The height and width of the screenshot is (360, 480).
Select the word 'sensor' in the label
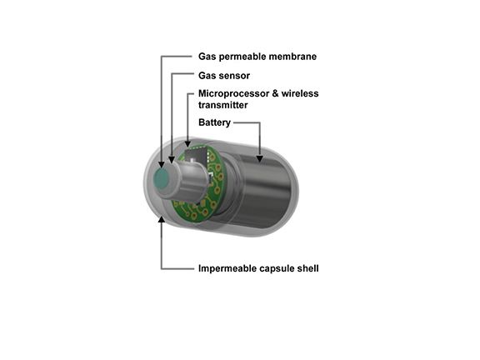click(234, 76)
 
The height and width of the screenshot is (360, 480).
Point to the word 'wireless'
click(300, 93)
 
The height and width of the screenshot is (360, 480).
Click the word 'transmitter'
click(222, 105)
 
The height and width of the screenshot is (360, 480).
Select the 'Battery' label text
click(214, 122)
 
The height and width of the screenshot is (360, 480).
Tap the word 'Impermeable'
click(227, 268)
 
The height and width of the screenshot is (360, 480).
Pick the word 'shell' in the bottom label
click(308, 268)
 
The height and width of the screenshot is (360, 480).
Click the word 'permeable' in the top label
click(240, 57)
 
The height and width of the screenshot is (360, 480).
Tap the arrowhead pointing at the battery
click(260, 158)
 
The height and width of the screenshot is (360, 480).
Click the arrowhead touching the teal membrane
click(162, 164)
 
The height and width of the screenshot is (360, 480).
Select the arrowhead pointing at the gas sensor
click(172, 159)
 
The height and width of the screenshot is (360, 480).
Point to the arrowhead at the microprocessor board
click(187, 143)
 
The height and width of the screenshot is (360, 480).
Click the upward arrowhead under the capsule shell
click(162, 219)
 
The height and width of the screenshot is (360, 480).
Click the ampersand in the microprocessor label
click(275, 93)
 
